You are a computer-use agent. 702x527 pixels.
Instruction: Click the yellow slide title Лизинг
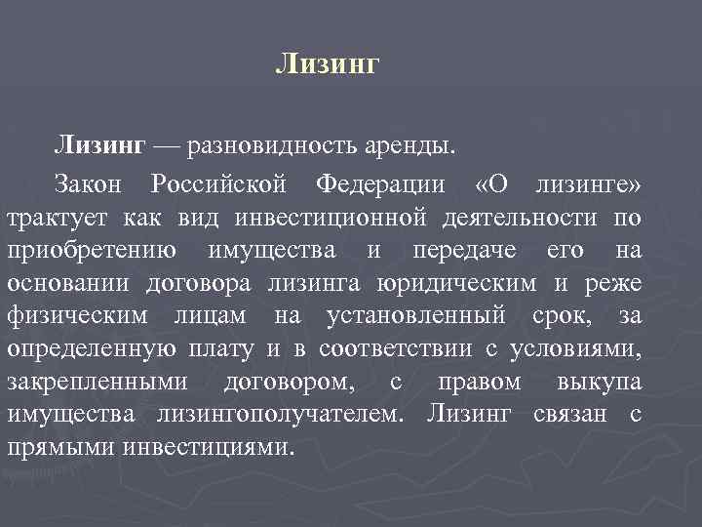coord(326,64)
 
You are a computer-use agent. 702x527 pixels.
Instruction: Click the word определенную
coord(92,348)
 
